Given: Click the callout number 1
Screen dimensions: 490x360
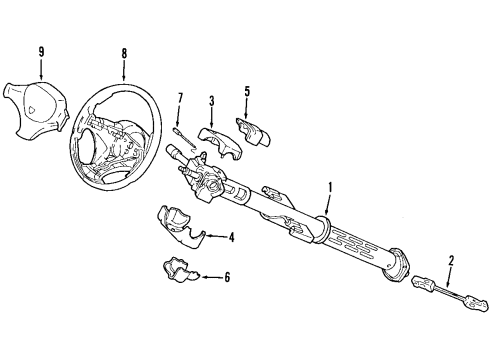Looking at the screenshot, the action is coord(330,185).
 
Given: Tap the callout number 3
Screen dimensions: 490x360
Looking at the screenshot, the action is coord(212,100).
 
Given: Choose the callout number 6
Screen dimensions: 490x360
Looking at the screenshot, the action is coord(226,277).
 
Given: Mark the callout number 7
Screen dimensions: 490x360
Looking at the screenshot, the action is coord(180,97).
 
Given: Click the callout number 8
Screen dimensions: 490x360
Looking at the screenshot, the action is coord(123,55).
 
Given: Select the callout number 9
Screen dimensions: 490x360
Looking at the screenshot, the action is coord(41,53).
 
